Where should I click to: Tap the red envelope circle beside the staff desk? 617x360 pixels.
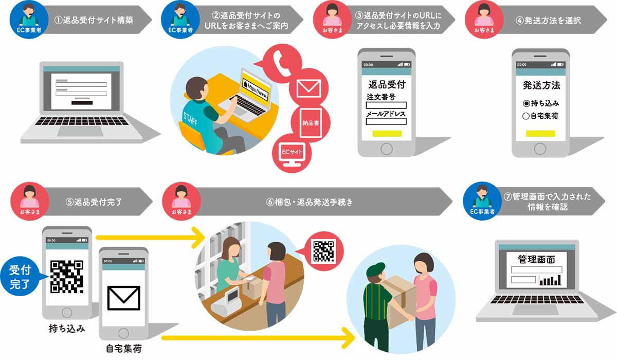[308, 87]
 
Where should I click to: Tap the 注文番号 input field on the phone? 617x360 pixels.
[386, 105]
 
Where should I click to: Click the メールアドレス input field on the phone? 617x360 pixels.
[386, 122]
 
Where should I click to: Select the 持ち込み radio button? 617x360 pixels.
[526, 103]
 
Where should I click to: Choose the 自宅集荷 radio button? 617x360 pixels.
[526, 116]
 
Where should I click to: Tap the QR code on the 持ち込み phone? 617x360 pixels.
[67, 277]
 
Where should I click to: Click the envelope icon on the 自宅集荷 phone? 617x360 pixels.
[123, 298]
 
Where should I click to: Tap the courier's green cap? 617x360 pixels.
[375, 271]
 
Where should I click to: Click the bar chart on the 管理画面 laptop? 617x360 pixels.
[550, 280]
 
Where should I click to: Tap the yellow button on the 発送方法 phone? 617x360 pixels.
[540, 134]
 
